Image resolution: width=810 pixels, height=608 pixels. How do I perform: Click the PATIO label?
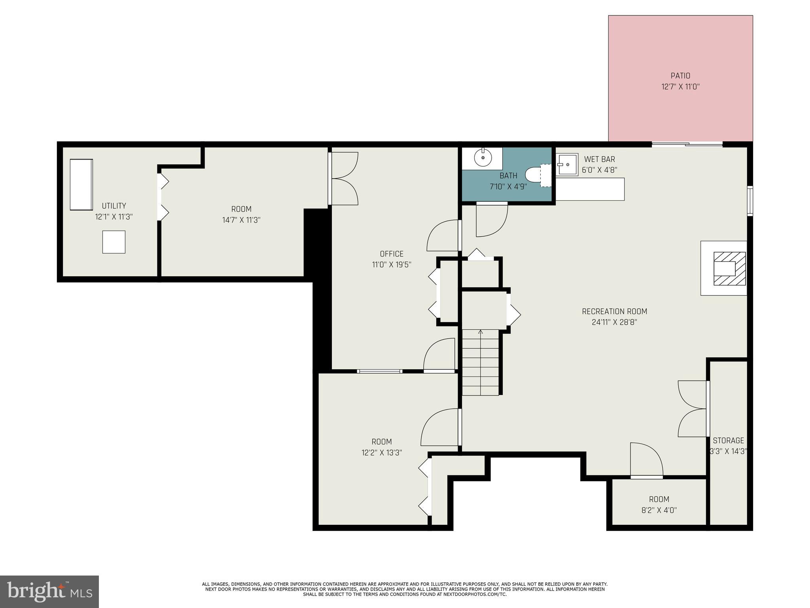point(680,76)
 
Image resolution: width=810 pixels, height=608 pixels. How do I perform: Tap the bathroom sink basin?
point(483,158)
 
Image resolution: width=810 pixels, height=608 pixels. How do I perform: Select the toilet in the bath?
point(534,175)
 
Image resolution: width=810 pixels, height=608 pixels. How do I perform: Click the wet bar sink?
point(567,164)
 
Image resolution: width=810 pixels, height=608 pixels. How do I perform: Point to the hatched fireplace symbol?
point(729,268)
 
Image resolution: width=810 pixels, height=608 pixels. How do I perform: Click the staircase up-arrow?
point(481,332)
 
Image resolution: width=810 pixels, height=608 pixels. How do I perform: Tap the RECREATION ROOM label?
point(614,312)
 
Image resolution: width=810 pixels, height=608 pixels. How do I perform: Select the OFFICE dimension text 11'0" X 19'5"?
point(392,265)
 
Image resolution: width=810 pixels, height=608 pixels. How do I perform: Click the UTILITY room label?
point(114,206)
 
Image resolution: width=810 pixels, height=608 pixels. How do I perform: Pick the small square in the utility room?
point(114,242)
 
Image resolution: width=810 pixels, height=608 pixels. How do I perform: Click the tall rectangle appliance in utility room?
point(81,184)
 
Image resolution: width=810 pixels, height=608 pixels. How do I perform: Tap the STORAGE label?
point(728,441)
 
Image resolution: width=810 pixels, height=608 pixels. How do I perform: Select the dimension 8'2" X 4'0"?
point(659,510)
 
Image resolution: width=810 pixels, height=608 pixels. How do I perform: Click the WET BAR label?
point(600,159)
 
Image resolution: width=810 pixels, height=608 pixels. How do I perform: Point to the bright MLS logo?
point(49,591)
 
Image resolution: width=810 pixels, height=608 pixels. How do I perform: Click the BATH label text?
point(508,176)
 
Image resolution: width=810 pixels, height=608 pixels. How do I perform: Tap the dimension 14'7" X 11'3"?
point(241,220)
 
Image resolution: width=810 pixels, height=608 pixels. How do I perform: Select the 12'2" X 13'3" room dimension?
point(382,453)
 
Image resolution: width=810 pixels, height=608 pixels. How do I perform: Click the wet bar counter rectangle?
point(590,189)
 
